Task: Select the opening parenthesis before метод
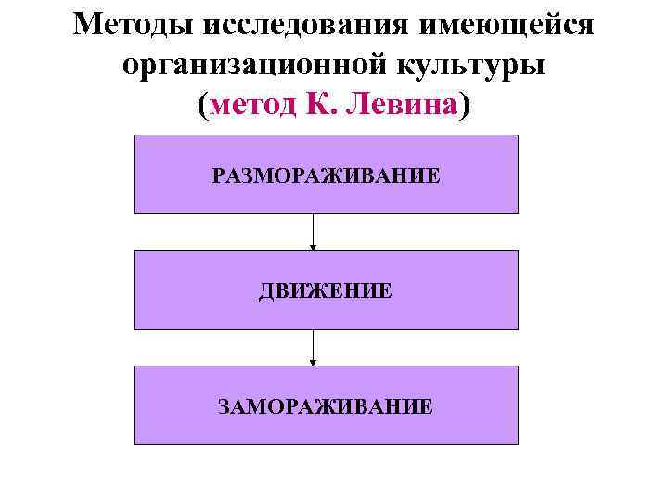pos(203,107)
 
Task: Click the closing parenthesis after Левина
pos(464,107)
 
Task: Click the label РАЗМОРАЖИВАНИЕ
pos(326,175)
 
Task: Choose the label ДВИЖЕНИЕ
pos(326,290)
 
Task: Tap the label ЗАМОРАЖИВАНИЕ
pos(326,405)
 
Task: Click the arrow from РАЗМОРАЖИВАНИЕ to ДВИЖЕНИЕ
pos(313,232)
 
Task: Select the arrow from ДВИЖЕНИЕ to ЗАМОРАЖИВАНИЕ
pos(313,347)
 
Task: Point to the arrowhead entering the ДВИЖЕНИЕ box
pos(313,247)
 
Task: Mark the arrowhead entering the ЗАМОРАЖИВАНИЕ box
pos(313,362)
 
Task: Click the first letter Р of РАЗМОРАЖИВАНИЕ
pos(217,175)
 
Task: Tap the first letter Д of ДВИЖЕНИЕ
pos(266,290)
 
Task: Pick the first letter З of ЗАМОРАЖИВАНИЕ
pos(223,405)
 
